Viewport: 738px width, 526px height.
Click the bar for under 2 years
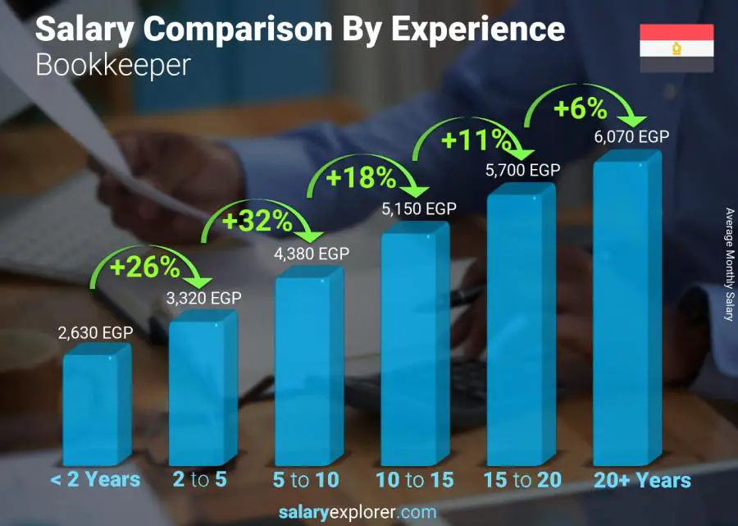coord(96,406)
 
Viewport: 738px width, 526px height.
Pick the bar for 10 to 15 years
coord(414,348)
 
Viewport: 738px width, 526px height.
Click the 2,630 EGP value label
coord(94,333)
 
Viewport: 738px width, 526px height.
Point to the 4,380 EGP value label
coord(311,254)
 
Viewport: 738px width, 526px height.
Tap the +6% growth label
coord(580,108)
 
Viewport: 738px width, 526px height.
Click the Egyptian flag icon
coord(676,48)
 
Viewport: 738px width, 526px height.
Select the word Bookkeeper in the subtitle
coord(112,65)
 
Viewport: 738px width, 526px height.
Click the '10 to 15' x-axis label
coord(414,480)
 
